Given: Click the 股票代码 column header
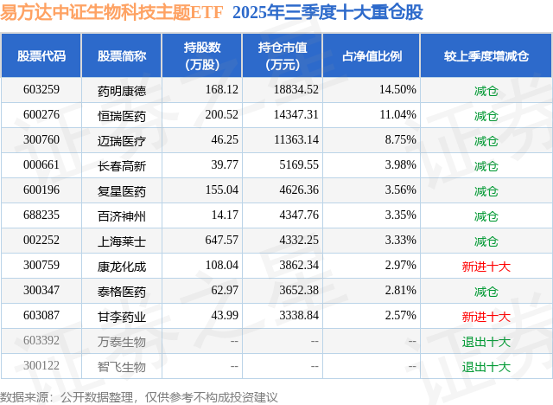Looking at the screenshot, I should [41, 56].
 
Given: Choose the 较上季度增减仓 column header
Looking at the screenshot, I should [486, 56].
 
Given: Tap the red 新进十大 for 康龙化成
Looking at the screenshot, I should [486, 266].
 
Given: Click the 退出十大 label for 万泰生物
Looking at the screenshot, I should [486, 341].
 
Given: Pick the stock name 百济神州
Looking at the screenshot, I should [121, 215].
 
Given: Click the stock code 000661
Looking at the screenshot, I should [41, 165].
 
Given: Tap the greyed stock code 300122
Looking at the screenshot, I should [41, 366].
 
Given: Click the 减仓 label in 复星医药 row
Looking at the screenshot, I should [486, 190].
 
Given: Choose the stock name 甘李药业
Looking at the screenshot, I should [121, 316].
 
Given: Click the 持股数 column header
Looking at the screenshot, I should [201, 56].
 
